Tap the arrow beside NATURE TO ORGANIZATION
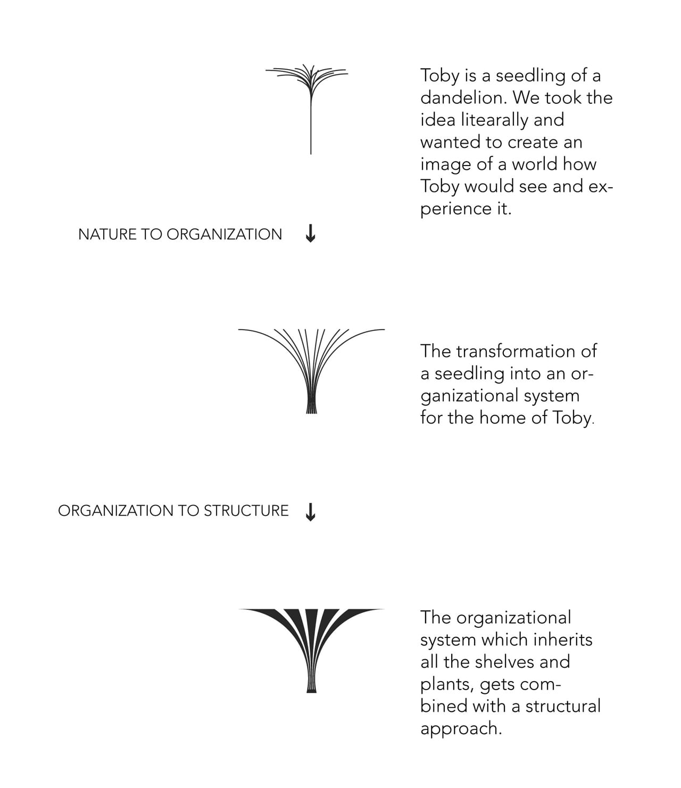coord(311,233)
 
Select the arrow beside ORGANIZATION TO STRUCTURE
coord(311,512)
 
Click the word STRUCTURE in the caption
coord(246,511)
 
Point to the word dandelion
coord(463,98)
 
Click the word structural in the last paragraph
coord(563,706)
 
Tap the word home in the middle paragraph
coord(503,418)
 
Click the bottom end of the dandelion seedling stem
coord(311,154)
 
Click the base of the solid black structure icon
coord(312,691)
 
